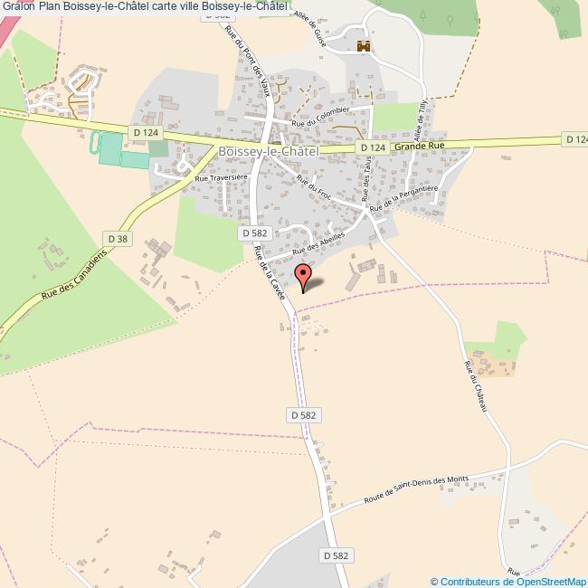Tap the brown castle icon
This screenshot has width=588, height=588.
365,46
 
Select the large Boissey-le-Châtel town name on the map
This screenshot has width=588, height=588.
268,153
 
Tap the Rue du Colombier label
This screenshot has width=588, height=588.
319,123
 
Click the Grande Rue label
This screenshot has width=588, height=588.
419,145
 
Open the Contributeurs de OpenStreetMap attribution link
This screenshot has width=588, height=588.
509,581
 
